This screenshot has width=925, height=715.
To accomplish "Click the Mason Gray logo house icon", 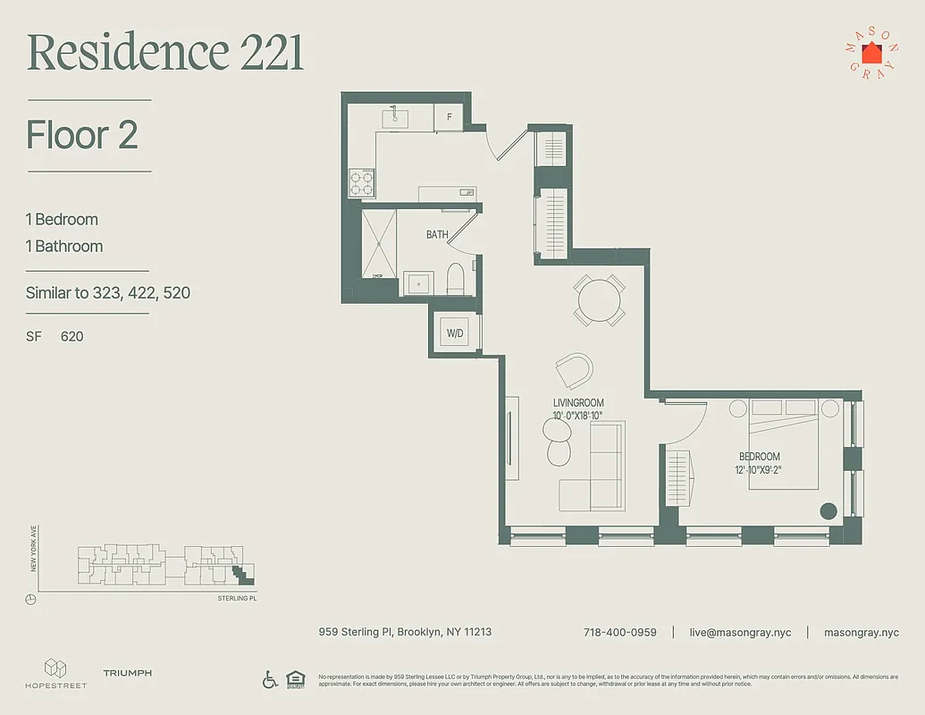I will (x=870, y=53).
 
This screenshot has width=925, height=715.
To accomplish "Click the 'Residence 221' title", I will (x=165, y=53).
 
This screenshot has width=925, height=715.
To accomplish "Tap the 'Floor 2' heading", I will (x=82, y=135).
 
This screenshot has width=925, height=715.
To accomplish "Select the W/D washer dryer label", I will (x=455, y=333).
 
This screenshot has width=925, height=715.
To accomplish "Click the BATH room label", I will (x=437, y=235).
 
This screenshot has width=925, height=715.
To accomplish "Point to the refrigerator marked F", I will (x=449, y=117).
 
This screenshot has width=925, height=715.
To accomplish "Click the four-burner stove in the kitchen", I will (x=361, y=183).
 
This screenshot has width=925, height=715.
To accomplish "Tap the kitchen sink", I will (x=396, y=117).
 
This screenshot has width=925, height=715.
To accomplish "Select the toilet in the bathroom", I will (x=455, y=280).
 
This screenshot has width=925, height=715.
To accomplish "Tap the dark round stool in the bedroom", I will (x=828, y=511).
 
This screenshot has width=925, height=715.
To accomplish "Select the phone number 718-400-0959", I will (x=619, y=632).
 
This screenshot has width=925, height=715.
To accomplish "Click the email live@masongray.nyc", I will (x=740, y=632).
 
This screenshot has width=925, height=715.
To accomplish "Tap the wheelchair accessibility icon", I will (x=270, y=679).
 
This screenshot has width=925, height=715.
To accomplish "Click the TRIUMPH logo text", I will (x=127, y=673).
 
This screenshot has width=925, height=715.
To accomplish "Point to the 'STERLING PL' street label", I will (x=237, y=598).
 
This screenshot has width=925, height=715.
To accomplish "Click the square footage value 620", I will (x=71, y=337).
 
